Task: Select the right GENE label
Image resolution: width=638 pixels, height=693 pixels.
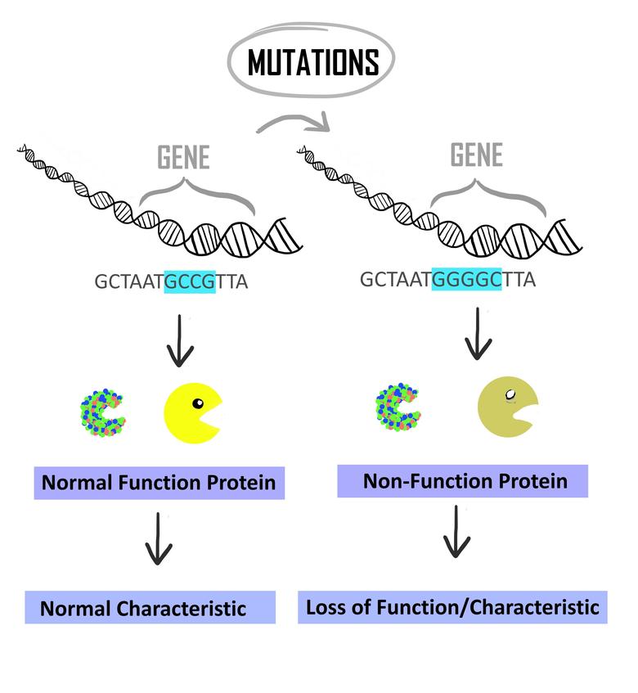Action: [x=476, y=155]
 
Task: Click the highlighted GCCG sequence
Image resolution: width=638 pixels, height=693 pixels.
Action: [x=190, y=282]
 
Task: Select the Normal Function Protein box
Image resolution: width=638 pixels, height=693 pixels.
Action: [x=159, y=483]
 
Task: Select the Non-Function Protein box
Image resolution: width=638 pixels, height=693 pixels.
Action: [x=464, y=480]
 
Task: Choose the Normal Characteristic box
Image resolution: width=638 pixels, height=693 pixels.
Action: [x=143, y=608]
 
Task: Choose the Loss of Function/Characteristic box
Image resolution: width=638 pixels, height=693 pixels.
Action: [x=452, y=607]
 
